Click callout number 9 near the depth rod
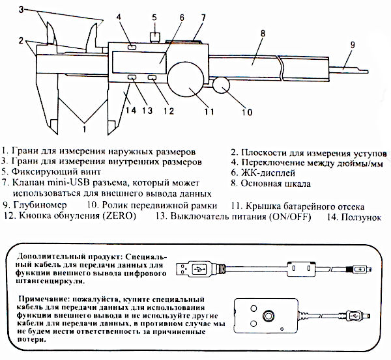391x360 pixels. (353, 45)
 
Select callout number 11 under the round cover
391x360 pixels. (209, 111)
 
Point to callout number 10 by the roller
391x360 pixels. (246, 111)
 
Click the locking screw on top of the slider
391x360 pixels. (156, 35)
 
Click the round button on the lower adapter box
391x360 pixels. (268, 317)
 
